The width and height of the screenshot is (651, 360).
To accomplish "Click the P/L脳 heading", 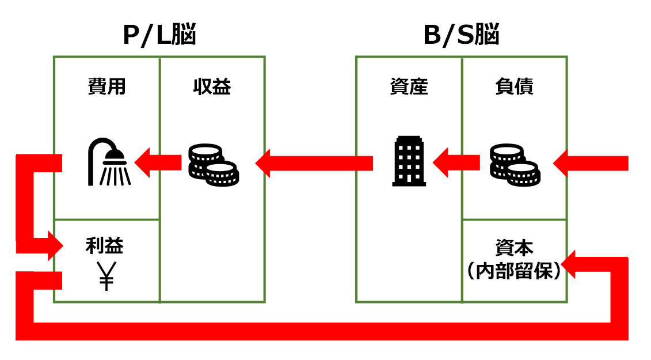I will [159, 36].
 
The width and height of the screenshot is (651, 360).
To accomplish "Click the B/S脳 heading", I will [461, 36].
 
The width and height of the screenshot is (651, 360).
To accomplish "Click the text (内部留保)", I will [514, 271].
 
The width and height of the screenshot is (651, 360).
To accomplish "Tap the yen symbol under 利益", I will [106, 276].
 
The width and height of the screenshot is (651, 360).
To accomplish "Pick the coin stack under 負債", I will [514, 165].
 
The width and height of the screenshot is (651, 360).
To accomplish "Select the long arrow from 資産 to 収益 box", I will [314, 163].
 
